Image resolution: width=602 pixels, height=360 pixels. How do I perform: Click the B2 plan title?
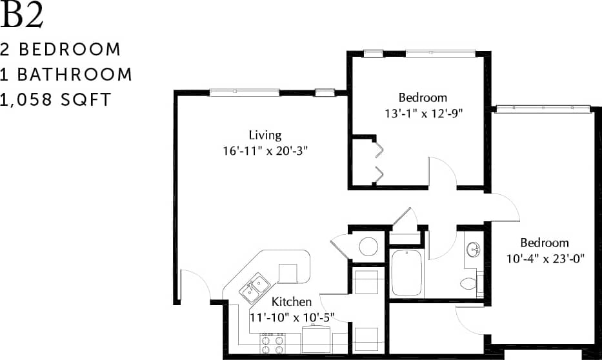pyautogui.click(x=23, y=17)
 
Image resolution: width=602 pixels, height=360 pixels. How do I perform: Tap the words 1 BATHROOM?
pyautogui.click(x=66, y=75)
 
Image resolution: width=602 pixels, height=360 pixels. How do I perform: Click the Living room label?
pyautogui.click(x=265, y=135)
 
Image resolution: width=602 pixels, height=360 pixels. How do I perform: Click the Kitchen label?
pyautogui.click(x=292, y=301)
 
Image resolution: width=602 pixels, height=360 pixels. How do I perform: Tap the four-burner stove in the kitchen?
pyautogui.click(x=272, y=344)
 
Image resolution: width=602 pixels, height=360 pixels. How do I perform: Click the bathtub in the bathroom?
pyautogui.click(x=406, y=272)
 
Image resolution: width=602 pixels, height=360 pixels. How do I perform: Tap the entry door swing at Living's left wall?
pyautogui.click(x=196, y=285)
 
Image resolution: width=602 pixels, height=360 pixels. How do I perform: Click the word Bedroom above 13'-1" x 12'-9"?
pyautogui.click(x=423, y=97)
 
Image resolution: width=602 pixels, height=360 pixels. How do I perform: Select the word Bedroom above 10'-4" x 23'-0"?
pyautogui.click(x=545, y=243)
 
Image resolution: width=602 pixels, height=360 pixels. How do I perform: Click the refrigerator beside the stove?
pyautogui.click(x=317, y=339)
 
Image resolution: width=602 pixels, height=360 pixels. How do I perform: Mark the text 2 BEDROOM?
pyautogui.click(x=61, y=50)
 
